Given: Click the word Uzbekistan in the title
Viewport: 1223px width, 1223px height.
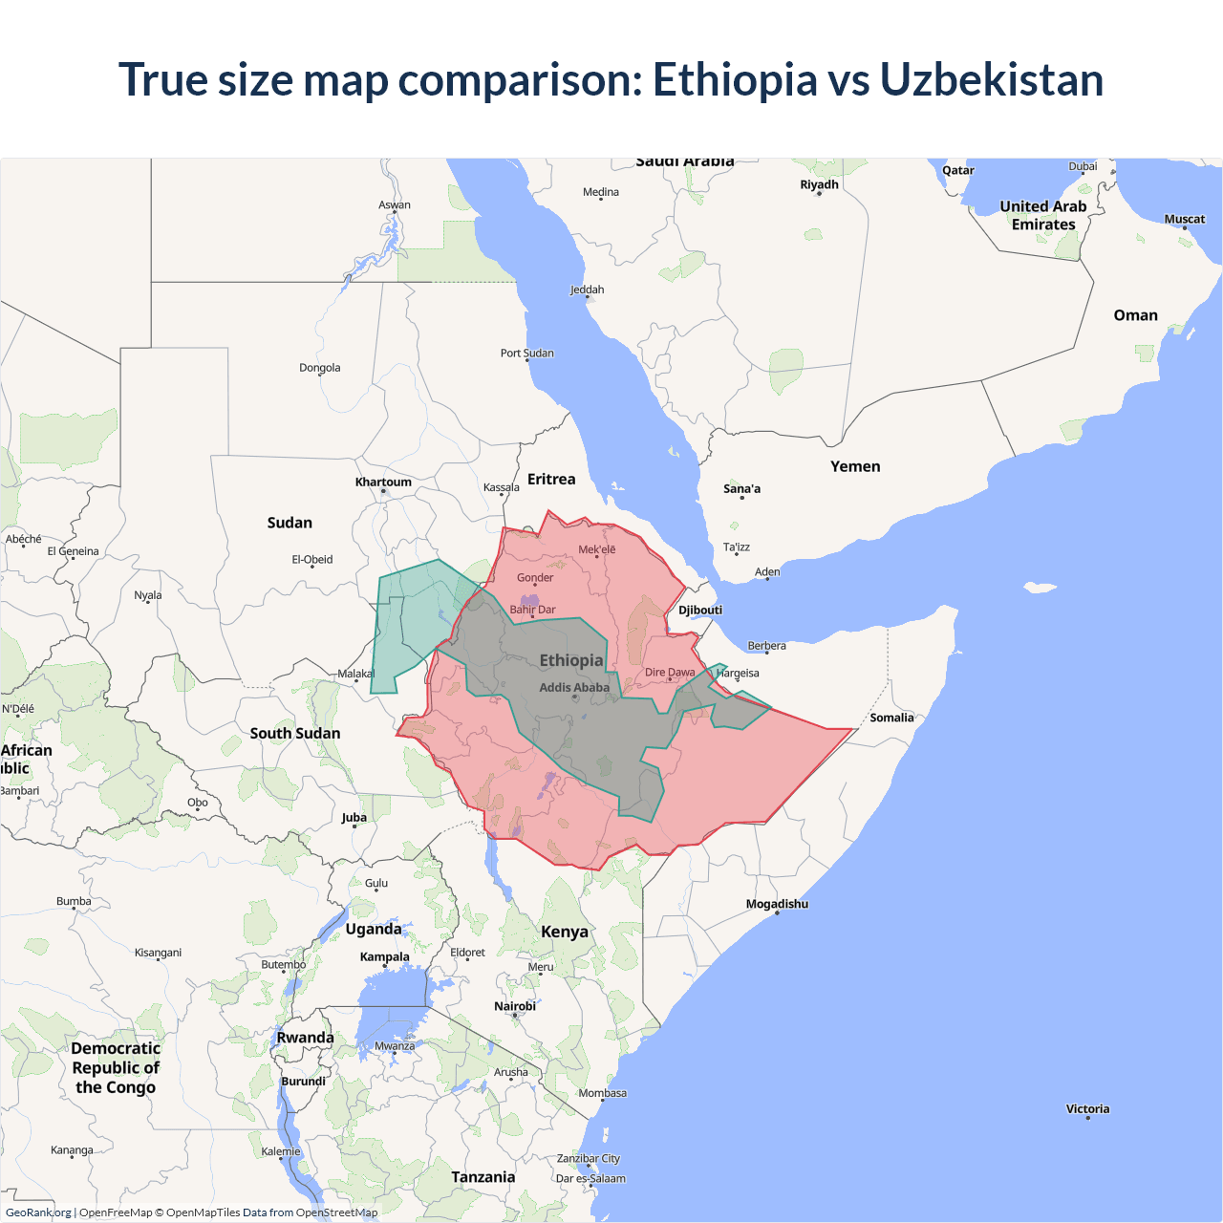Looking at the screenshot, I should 991,79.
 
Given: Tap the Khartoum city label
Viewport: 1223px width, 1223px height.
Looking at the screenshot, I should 383,483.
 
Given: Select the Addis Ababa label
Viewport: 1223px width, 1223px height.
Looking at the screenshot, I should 573,687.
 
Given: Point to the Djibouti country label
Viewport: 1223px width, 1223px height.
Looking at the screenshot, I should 700,610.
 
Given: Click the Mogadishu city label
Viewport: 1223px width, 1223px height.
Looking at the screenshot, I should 777,904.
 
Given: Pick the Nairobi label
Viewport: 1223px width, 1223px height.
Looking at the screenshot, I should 515,1006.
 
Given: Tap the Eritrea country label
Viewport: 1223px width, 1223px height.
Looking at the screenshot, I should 551,480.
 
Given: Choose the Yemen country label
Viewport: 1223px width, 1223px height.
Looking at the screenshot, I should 855,466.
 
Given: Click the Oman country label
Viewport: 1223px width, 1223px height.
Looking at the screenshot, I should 1135,315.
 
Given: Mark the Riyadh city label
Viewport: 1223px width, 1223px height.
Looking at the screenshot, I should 819,184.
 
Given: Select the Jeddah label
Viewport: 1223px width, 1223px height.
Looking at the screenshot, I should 587,290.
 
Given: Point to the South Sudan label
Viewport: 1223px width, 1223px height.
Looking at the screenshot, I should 294,733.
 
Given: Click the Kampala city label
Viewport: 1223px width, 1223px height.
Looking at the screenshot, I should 384,956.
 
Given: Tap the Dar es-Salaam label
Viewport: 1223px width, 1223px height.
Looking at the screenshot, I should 590,1178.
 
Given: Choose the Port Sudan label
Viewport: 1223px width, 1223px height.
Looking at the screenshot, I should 526,353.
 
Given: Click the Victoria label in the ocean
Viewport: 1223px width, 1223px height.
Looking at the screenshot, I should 1087,1109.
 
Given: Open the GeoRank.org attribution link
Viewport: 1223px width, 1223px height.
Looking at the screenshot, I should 38,1212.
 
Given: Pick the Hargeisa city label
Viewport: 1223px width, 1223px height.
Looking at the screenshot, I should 738,673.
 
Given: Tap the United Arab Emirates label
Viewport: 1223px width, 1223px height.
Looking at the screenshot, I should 1043,215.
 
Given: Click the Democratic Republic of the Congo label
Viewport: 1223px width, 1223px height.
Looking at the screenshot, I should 116,1067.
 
